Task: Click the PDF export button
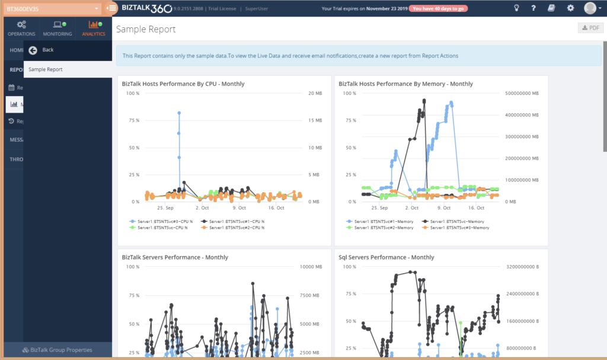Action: click(590, 28)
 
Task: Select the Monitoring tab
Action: click(57, 28)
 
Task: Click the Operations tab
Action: click(21, 28)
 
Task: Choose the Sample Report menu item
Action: click(46, 69)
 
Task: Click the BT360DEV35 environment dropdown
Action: click(52, 9)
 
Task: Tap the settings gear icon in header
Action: click(570, 8)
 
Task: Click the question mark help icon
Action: click(533, 8)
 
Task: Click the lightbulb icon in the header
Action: click(516, 8)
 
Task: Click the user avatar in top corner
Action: click(590, 8)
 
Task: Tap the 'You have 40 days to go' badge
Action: click(438, 9)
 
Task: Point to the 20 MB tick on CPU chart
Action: click(315, 94)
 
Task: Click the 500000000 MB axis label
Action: click(522, 94)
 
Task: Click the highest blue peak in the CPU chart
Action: click(179, 113)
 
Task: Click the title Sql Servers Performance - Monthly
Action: click(386, 257)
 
